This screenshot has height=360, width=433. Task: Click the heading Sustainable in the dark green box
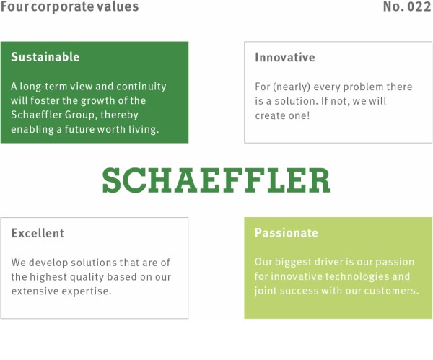[x=45, y=56]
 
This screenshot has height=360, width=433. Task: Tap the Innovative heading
[x=285, y=57]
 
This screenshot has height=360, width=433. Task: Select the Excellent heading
[x=38, y=233]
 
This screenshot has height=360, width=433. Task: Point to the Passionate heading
[x=287, y=233]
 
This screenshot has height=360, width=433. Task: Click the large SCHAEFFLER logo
[x=216, y=180]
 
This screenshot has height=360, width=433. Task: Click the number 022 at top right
[x=419, y=6]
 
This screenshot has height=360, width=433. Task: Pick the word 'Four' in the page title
[x=14, y=6]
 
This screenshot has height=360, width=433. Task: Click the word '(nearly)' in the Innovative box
[x=292, y=87]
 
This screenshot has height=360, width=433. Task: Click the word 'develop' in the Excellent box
[x=48, y=263]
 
